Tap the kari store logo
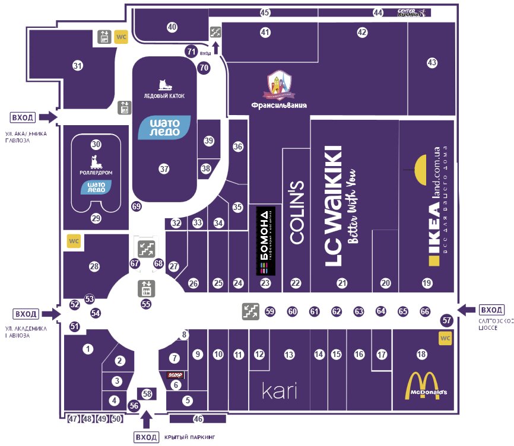click(x=279, y=390)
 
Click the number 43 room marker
click(x=432, y=62)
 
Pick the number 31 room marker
click(x=77, y=65)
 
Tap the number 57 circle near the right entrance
click(x=447, y=320)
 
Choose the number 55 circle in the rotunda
click(x=146, y=304)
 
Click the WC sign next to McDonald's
click(x=445, y=338)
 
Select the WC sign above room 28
click(x=73, y=241)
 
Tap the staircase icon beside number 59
click(x=249, y=311)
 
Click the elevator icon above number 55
click(x=146, y=288)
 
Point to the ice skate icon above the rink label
click(x=164, y=85)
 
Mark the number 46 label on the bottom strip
click(x=198, y=419)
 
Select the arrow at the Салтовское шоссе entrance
click(x=467, y=309)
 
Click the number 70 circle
click(x=204, y=68)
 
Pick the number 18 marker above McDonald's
click(x=421, y=354)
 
